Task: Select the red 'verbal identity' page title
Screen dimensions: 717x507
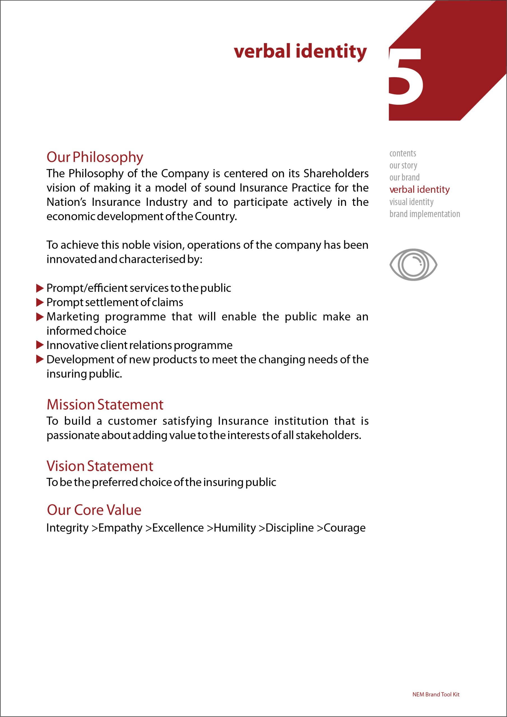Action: point(300,52)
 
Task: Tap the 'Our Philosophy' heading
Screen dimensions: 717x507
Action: point(95,157)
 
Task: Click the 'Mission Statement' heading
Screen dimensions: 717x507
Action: point(105,405)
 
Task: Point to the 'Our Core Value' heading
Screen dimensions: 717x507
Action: point(94,510)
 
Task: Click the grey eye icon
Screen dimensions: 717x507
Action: point(413,264)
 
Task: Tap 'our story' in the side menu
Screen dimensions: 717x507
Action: point(403,166)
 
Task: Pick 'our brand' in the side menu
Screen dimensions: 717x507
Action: point(404,177)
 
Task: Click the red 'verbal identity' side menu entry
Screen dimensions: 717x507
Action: point(419,190)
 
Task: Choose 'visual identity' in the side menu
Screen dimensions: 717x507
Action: point(411,202)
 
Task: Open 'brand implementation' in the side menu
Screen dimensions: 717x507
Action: point(425,214)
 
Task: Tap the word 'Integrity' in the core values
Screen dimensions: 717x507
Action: point(67,528)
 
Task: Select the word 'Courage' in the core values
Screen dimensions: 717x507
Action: point(344,528)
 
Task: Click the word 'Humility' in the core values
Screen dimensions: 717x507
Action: point(235,528)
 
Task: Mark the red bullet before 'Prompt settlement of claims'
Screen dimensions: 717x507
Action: point(40,302)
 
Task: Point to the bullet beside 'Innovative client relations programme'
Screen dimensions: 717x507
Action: point(40,345)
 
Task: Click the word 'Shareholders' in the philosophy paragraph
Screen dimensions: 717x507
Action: point(336,173)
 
